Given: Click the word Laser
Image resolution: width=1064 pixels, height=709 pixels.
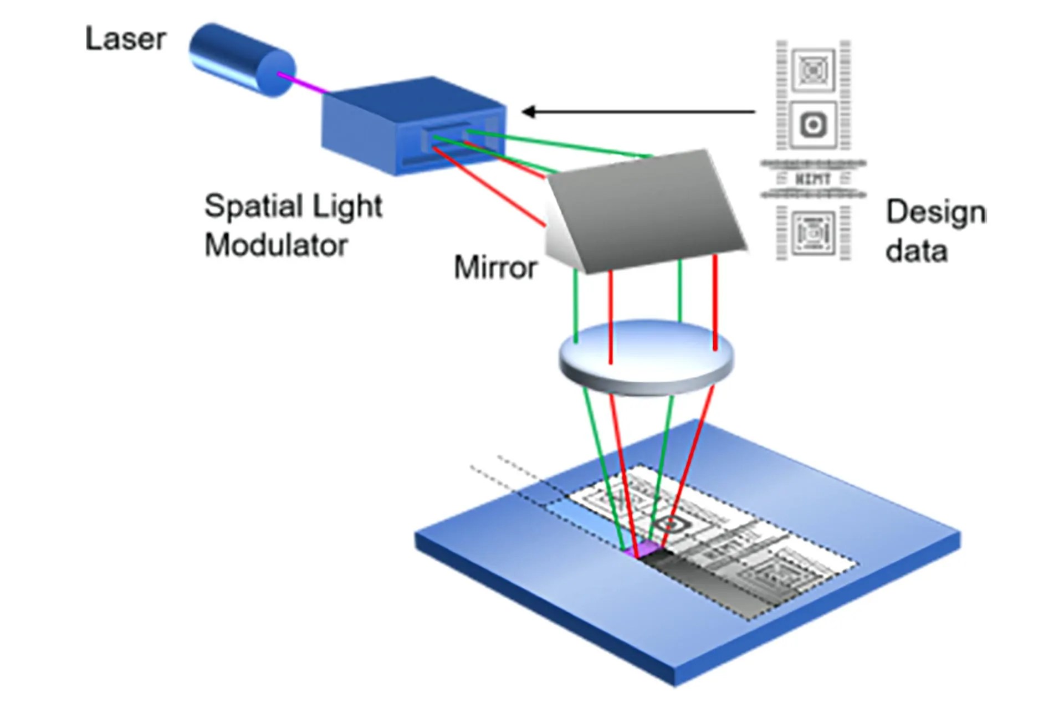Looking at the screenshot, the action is tap(126, 39).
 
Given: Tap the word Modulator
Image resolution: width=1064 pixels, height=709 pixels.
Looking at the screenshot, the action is tap(276, 244).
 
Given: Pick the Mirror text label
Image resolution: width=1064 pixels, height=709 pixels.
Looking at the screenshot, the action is tap(495, 268).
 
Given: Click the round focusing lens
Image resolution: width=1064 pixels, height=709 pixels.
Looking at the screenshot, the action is tap(646, 357).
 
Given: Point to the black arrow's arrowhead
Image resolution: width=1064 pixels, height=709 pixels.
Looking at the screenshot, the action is tap(529, 112).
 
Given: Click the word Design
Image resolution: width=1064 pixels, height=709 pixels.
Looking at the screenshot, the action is tap(935, 213).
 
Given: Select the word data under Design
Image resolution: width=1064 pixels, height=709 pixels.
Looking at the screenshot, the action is tap(916, 251).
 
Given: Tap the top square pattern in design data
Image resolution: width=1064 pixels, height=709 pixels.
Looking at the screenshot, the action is tap(813, 70).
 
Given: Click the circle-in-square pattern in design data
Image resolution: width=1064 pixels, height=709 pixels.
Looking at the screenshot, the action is tap(813, 125).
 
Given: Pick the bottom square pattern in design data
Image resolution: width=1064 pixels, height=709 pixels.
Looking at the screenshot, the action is tap(813, 233).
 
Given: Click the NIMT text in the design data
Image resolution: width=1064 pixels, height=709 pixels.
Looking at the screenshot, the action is tap(813, 179).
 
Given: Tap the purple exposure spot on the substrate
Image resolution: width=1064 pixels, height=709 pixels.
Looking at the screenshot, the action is tap(643, 549).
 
